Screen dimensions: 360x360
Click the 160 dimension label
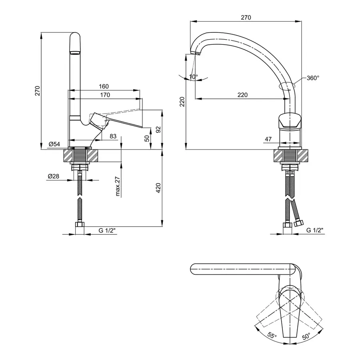tap(104, 86)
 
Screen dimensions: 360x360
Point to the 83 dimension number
tap(113, 136)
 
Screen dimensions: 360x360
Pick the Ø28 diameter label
tap(54, 176)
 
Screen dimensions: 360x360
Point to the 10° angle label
tap(193, 76)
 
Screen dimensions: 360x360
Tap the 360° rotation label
tap(313, 78)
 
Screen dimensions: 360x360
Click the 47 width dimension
tap(268, 139)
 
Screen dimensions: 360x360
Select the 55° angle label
tap(272, 336)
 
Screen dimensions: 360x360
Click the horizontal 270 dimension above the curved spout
tap(246, 18)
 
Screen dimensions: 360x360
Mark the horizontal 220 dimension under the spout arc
tap(242, 95)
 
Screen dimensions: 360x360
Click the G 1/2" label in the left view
tap(107, 230)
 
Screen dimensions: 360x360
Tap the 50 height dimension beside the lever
tap(147, 138)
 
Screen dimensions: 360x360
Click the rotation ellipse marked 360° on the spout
tap(286, 85)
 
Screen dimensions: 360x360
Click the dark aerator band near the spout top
tap(75, 52)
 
